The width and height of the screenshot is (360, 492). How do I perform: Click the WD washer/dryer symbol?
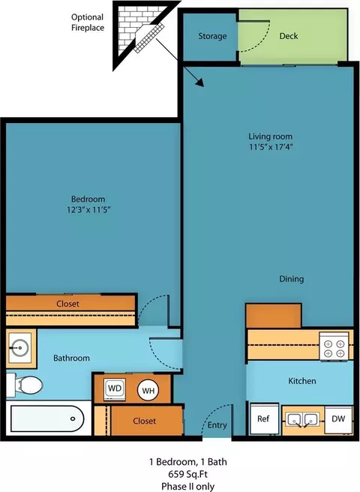coord(115,388)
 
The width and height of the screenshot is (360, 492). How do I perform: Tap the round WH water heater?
coord(148,390)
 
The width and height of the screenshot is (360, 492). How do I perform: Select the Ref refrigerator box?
coord(264,419)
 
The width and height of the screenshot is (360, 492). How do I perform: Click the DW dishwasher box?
coord(338,419)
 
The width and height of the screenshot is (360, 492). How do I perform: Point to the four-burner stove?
coord(334,346)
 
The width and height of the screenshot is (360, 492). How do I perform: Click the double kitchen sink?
coord(302,419)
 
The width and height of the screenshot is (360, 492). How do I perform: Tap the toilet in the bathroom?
coord(25,385)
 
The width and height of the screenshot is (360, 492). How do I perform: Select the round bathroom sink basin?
coord(19,348)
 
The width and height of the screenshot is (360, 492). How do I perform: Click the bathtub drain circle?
coord(73,418)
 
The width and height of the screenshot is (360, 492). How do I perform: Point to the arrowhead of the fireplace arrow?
coord(200,82)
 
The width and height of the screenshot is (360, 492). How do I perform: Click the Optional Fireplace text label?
coord(88,22)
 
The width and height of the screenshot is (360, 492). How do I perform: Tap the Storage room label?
coord(212,36)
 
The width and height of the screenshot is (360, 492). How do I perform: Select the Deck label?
coord(289,36)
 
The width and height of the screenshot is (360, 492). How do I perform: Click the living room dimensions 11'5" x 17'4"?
coord(271,147)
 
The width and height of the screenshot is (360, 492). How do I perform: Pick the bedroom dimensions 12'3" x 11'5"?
coord(88,209)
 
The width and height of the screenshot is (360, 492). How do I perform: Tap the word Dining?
coord(292,279)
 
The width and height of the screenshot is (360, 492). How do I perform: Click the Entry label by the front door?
coord(217,425)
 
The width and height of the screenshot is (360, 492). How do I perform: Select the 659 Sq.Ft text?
coord(188,474)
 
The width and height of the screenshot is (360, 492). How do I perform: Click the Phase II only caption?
coord(188,486)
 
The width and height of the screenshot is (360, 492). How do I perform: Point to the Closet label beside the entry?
coord(145,421)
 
